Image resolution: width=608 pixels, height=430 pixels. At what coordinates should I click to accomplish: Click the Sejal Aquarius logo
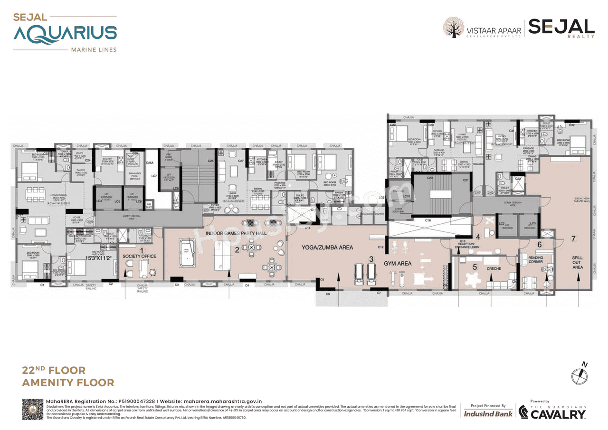point(65,32)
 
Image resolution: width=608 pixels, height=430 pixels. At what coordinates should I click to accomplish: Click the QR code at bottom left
point(33,410)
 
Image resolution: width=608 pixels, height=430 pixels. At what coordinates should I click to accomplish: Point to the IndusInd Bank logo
point(488,413)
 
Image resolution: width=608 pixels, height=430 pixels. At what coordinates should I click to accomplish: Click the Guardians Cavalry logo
point(552,412)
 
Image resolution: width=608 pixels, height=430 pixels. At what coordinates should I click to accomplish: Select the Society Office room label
point(139,256)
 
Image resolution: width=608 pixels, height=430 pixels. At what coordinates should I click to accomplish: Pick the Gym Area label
point(397,263)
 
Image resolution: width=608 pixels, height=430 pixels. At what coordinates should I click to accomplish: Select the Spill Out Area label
point(577,262)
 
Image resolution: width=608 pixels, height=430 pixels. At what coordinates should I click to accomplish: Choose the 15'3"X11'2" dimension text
point(98,258)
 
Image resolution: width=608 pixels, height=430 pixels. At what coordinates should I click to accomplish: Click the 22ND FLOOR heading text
point(54,370)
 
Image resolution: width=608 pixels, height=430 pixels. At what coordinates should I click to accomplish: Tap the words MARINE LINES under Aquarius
point(93,50)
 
